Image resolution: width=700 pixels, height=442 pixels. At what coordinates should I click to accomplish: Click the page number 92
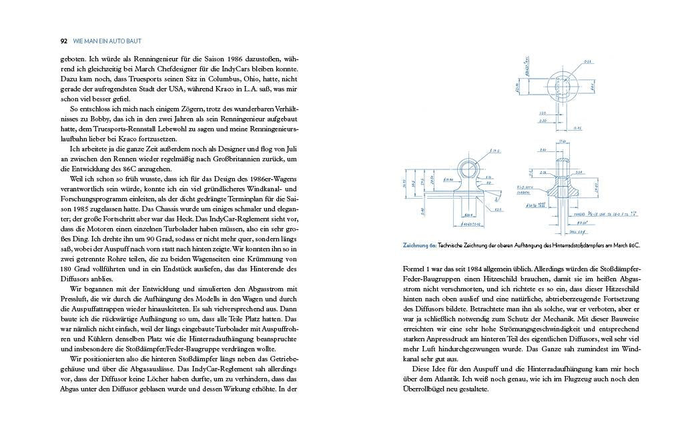coord(64,41)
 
